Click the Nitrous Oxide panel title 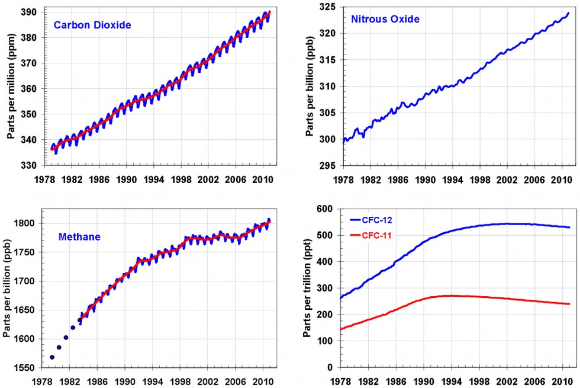(x=385, y=20)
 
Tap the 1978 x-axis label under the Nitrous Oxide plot (x=343, y=178)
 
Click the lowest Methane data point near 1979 (x=52, y=357)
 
